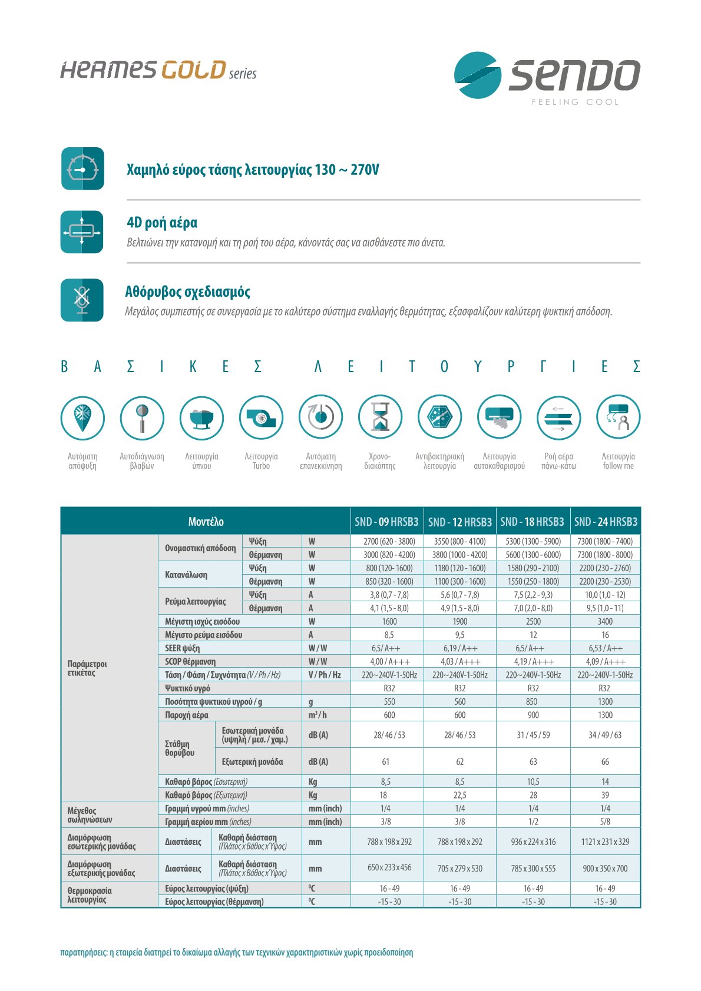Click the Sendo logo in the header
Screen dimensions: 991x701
click(546, 76)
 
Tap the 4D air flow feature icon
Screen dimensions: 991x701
click(82, 232)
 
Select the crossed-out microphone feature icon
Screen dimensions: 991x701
click(82, 300)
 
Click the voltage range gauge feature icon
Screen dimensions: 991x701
click(82, 168)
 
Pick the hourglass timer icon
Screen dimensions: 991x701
click(380, 417)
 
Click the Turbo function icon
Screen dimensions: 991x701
click(261, 417)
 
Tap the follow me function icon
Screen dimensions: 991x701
click(618, 417)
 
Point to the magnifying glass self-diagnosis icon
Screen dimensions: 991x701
click(142, 417)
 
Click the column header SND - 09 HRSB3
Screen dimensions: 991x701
click(386, 522)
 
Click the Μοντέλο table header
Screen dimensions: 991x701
click(206, 522)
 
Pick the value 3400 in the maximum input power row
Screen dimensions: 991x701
click(605, 621)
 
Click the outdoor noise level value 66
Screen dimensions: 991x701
click(605, 761)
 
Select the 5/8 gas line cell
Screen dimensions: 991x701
click(605, 821)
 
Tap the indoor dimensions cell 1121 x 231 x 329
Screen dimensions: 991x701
click(605, 841)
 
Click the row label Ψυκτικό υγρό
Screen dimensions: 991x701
click(187, 688)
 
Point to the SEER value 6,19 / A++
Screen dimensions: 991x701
click(460, 648)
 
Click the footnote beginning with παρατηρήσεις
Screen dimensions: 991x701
click(236, 952)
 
